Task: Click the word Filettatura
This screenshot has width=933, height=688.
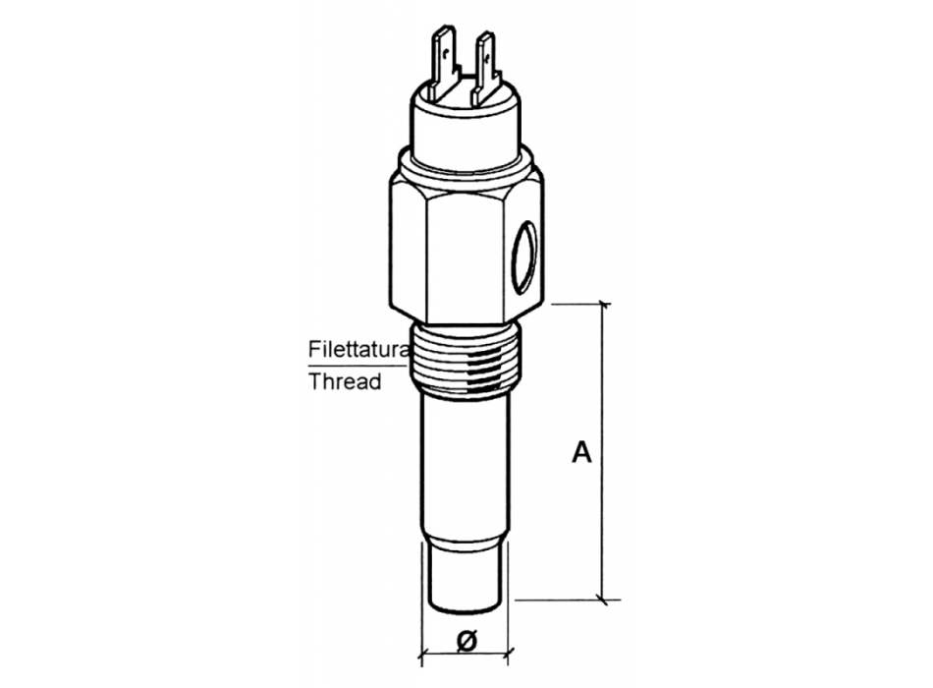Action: (x=358, y=349)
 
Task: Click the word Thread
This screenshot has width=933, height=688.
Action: (x=345, y=381)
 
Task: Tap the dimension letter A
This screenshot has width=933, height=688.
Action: (x=582, y=453)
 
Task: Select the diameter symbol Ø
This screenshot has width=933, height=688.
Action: (x=467, y=640)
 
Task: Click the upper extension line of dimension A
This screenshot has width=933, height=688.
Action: (x=579, y=304)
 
